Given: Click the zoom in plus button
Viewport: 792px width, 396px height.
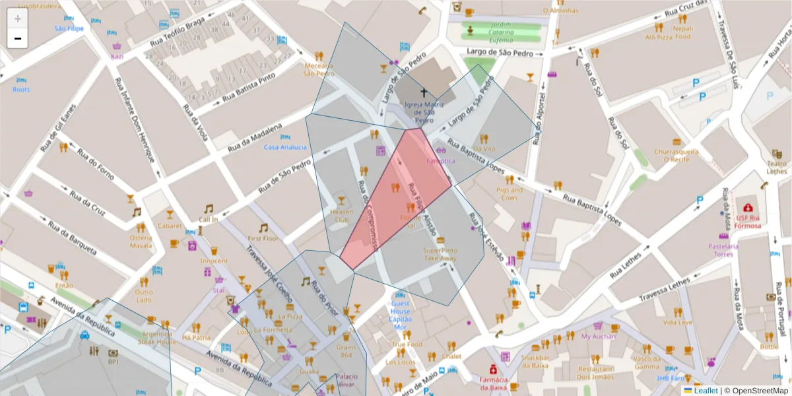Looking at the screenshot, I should tap(18, 18).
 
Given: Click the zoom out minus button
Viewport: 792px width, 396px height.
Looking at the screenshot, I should tap(18, 39).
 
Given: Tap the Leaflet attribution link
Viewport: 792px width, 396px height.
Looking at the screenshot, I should tap(706, 390).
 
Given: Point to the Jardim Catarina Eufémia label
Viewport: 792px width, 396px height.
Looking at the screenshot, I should tap(496, 32).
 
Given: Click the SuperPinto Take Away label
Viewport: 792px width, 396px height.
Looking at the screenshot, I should tap(440, 254).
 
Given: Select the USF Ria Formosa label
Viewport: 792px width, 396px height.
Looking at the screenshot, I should tap(748, 221).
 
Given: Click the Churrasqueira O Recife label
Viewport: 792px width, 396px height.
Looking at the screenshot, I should tap(676, 155).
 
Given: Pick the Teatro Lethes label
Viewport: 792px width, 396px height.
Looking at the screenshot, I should tap(777, 167).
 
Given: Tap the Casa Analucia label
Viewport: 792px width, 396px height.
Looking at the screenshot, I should tap(285, 147).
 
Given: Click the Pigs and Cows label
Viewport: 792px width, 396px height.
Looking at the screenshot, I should tap(510, 193).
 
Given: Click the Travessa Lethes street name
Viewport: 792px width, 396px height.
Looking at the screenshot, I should tap(665, 291).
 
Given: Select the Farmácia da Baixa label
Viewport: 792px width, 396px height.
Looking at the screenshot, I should tap(493, 383).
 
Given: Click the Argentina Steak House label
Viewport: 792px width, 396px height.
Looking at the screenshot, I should tap(158, 338).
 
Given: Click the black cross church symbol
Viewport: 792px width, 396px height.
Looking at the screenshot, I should tap(423, 93).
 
